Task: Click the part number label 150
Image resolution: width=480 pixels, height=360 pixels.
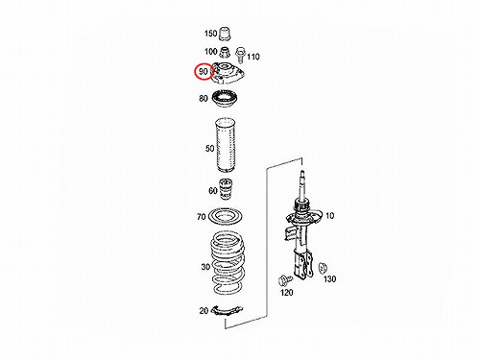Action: pyautogui.click(x=210, y=34)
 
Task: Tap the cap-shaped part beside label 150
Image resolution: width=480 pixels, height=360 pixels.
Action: pyautogui.click(x=226, y=35)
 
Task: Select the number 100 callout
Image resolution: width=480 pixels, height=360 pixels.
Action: pyautogui.click(x=210, y=51)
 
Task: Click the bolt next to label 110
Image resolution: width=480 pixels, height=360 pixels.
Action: pyautogui.click(x=239, y=55)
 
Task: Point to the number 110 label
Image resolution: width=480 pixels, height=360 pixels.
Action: pyautogui.click(x=253, y=57)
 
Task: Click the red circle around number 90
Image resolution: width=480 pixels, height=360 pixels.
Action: pyautogui.click(x=204, y=71)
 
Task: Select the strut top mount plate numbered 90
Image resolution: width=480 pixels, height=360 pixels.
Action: pyautogui.click(x=228, y=74)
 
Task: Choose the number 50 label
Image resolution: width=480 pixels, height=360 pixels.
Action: pyautogui.click(x=209, y=149)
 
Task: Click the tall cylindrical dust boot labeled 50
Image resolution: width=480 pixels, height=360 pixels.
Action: pyautogui.click(x=226, y=146)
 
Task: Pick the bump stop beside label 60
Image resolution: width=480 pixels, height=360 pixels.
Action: pyautogui.click(x=226, y=189)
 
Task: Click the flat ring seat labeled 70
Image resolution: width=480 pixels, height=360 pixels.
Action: pyautogui.click(x=225, y=217)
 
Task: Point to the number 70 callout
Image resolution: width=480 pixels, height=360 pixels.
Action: pyautogui.click(x=202, y=217)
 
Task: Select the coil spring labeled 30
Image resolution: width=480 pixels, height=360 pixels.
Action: pyautogui.click(x=228, y=263)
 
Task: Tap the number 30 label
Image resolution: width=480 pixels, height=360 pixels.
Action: pyautogui.click(x=205, y=267)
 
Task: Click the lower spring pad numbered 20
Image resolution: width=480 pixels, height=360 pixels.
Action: pyautogui.click(x=228, y=310)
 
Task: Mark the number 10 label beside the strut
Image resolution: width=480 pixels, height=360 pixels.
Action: pyautogui.click(x=329, y=216)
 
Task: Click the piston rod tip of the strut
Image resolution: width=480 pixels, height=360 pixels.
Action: pyautogui.click(x=301, y=173)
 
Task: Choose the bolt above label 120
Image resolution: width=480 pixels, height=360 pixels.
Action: pyautogui.click(x=284, y=280)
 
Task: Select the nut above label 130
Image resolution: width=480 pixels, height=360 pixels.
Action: pyautogui.click(x=323, y=268)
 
